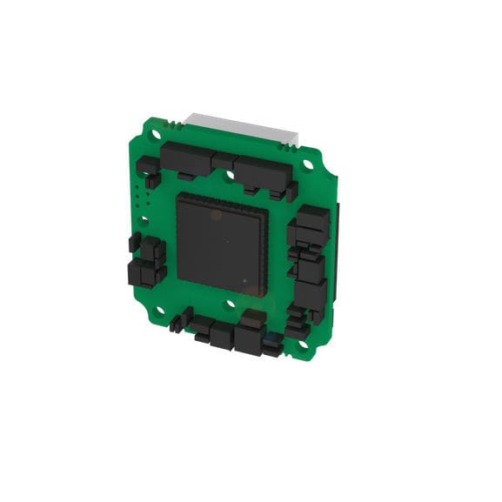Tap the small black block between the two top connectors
pyautogui.click(x=223, y=162)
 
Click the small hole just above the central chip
pyautogui.click(x=230, y=175)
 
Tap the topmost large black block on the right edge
pyautogui.click(x=311, y=224)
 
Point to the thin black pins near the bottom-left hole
pyautogui.click(x=177, y=324)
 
